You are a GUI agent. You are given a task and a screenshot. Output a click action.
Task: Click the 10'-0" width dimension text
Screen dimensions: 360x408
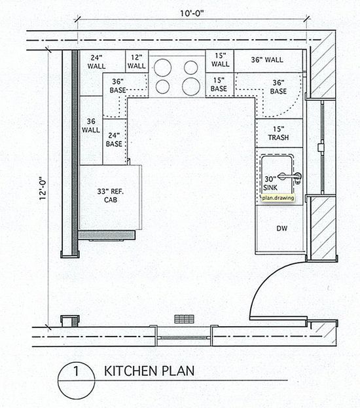[191, 13]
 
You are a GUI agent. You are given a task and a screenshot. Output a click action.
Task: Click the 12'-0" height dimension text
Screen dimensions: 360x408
[43, 189]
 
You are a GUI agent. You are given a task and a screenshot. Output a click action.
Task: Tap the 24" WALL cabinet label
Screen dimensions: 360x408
[96, 62]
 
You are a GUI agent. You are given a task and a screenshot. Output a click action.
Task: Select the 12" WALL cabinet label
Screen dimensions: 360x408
[137, 62]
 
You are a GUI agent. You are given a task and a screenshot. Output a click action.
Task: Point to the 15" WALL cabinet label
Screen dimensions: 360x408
[220, 60]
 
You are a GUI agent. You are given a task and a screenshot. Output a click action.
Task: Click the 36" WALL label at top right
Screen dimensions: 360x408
[267, 60]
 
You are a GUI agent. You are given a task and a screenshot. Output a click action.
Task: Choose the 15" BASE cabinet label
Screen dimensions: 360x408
[219, 84]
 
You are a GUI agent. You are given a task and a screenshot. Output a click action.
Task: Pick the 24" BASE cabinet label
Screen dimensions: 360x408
[114, 139]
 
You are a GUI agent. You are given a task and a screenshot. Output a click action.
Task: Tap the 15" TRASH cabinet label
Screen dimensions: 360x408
[279, 133]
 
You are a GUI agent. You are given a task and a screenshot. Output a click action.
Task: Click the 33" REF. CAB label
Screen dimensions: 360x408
[111, 195]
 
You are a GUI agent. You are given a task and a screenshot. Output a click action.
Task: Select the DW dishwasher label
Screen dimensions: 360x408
[282, 229]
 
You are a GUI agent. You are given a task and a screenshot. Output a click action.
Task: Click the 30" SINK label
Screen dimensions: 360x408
[270, 183]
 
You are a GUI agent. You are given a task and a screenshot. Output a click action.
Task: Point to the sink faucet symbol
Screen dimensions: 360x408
[290, 177]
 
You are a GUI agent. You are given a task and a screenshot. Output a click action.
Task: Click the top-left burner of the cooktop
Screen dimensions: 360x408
[162, 67]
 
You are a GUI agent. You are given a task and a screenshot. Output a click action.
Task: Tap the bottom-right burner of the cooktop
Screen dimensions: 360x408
[191, 86]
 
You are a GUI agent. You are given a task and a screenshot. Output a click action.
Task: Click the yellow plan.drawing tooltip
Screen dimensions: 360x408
[278, 198]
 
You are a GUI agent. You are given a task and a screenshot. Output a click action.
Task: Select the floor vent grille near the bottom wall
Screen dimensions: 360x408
[184, 319]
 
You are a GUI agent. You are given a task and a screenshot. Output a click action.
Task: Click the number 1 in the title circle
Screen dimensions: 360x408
[76, 371]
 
